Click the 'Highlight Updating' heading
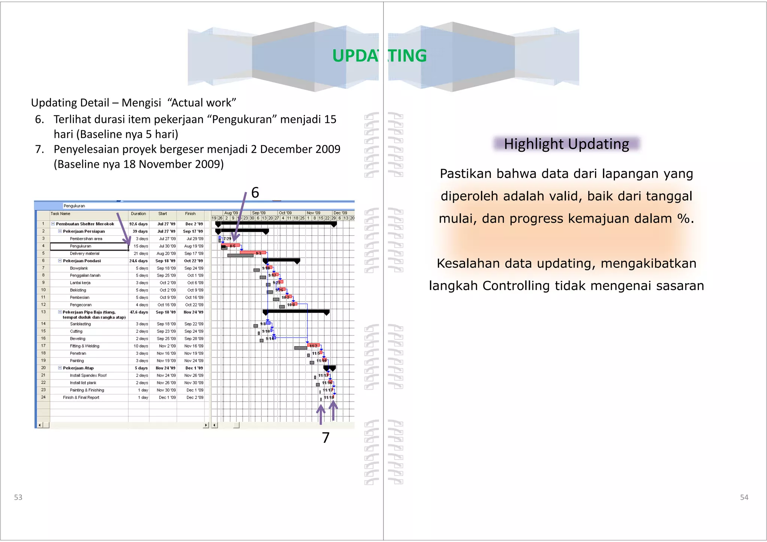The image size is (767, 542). (x=566, y=144)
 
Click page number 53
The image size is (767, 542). (x=18, y=497)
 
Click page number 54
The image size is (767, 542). (x=744, y=497)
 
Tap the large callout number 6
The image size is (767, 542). (x=255, y=193)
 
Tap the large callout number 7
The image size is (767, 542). (x=325, y=438)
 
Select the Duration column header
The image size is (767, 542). (x=138, y=214)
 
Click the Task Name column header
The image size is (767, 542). (x=60, y=214)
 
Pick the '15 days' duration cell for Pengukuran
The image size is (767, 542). (x=141, y=246)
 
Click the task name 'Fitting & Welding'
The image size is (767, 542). (x=85, y=346)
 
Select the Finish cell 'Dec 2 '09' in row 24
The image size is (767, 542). (x=195, y=398)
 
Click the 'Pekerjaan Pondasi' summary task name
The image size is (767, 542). (x=82, y=261)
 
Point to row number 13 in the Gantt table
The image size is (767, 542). (x=43, y=312)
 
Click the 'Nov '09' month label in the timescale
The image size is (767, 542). (x=313, y=213)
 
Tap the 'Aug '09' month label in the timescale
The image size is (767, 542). (x=231, y=213)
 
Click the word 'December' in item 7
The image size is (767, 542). (x=286, y=149)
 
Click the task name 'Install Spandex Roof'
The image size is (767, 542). (x=88, y=376)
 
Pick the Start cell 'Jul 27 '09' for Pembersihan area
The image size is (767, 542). (x=167, y=239)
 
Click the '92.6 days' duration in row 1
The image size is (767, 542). (x=138, y=224)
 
